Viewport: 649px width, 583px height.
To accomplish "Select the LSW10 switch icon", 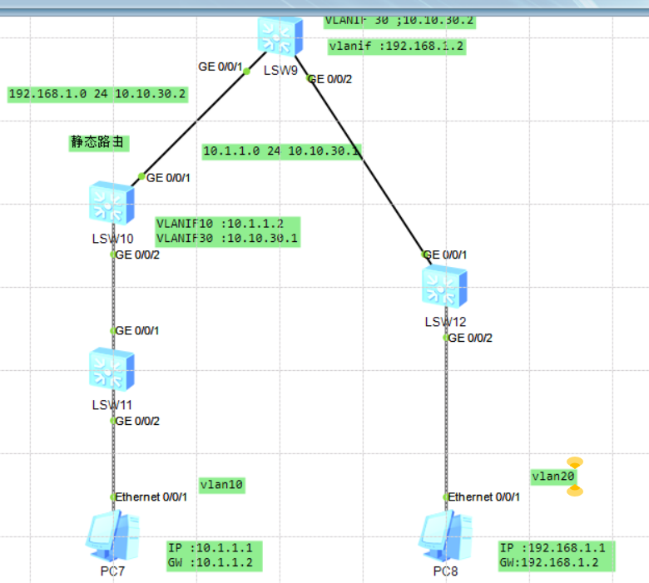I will (111, 204).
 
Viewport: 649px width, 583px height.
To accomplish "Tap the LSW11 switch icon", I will (112, 370).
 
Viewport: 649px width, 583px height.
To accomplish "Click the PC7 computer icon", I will (112, 536).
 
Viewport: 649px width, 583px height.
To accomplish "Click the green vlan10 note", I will (222, 484).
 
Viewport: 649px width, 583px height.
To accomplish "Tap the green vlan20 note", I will (552, 477).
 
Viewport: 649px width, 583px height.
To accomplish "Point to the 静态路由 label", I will (99, 142).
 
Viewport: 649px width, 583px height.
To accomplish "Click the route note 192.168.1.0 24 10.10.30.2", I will (97, 94).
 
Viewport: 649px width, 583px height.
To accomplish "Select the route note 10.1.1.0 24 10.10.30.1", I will (282, 151).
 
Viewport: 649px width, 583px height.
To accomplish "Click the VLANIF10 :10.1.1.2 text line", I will (220, 225).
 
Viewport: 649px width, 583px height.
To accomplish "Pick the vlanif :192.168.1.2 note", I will (396, 47).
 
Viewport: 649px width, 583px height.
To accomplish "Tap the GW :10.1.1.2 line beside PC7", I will (215, 562).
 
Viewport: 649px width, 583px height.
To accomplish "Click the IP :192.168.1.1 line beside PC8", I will (557, 548).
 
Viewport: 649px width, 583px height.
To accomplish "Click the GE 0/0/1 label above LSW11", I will (137, 330).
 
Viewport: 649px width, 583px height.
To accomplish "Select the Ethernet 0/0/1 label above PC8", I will (485, 497).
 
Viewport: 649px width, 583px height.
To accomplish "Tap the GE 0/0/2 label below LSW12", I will (470, 338).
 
